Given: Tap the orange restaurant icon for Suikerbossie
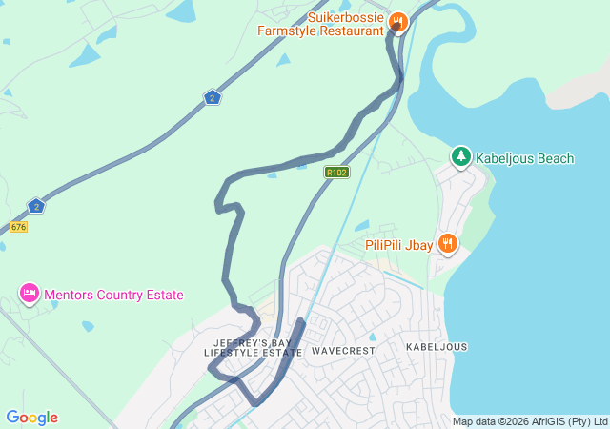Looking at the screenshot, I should click(399, 21).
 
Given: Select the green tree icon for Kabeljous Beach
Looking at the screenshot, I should click(461, 156).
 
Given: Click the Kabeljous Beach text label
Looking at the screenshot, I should click(525, 158).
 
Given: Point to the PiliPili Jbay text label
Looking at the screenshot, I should click(399, 245).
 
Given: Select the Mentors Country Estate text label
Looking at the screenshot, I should click(113, 295).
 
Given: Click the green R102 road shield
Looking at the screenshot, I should click(336, 173).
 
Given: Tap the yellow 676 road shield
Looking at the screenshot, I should click(17, 227).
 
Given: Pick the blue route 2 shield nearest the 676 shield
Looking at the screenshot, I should click(35, 206).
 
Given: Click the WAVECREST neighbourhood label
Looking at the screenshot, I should click(343, 351).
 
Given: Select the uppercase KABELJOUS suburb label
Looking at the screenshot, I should click(437, 347).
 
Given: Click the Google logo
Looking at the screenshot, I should click(31, 418).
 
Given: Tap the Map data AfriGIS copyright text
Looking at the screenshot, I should click(530, 421).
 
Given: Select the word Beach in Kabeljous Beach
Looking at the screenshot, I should click(555, 158).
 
